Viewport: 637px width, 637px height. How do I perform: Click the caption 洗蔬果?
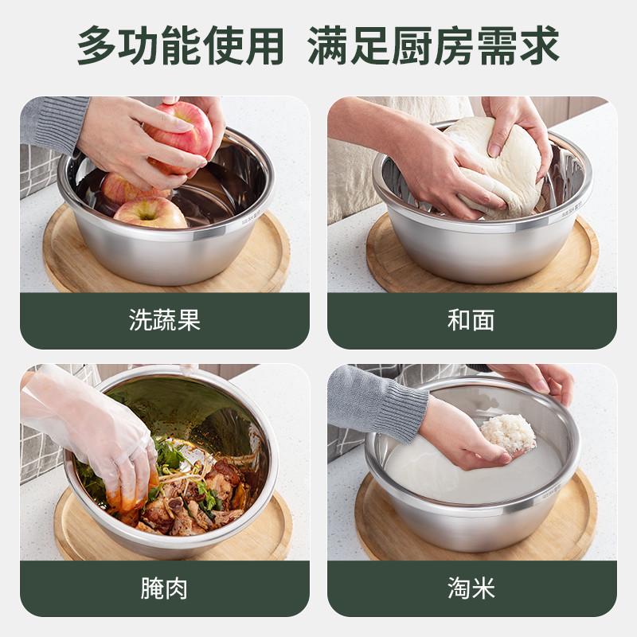point(164,320)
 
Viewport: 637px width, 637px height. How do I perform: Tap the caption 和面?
point(471,320)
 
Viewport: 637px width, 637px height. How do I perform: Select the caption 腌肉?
point(164,588)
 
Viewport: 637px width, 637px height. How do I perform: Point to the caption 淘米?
point(471,588)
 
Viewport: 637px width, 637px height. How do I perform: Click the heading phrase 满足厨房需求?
point(433,46)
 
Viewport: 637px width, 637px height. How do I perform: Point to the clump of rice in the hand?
point(508,433)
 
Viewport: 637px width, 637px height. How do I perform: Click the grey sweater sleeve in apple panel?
point(52,123)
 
